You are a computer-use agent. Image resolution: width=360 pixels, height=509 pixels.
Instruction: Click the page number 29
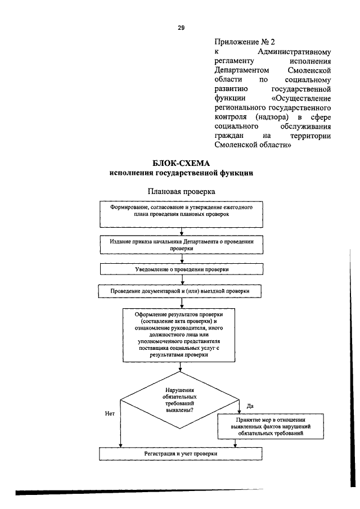[x=181, y=27]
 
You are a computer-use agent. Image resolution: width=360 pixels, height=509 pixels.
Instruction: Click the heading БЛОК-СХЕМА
[x=181, y=164]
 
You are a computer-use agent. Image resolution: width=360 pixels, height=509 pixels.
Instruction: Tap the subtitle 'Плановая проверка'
[x=181, y=192]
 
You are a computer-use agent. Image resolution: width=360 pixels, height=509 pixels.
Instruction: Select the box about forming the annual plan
[x=181, y=214]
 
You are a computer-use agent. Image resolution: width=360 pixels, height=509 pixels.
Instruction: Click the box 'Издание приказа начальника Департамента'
[x=181, y=244]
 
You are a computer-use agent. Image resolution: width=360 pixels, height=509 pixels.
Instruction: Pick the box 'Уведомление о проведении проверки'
[x=181, y=269]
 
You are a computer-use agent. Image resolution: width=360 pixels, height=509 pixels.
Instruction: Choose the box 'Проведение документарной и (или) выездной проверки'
[x=181, y=292]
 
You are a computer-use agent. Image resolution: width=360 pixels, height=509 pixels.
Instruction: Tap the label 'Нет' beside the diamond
[x=110, y=413]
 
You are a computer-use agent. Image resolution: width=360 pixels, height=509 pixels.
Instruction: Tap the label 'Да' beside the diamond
[x=250, y=406]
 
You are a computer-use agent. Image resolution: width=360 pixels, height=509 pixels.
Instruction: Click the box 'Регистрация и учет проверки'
[x=181, y=453]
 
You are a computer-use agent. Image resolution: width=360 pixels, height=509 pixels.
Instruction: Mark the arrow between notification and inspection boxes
[x=181, y=280]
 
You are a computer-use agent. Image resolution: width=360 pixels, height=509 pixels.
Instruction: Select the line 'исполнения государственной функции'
[x=181, y=174]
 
